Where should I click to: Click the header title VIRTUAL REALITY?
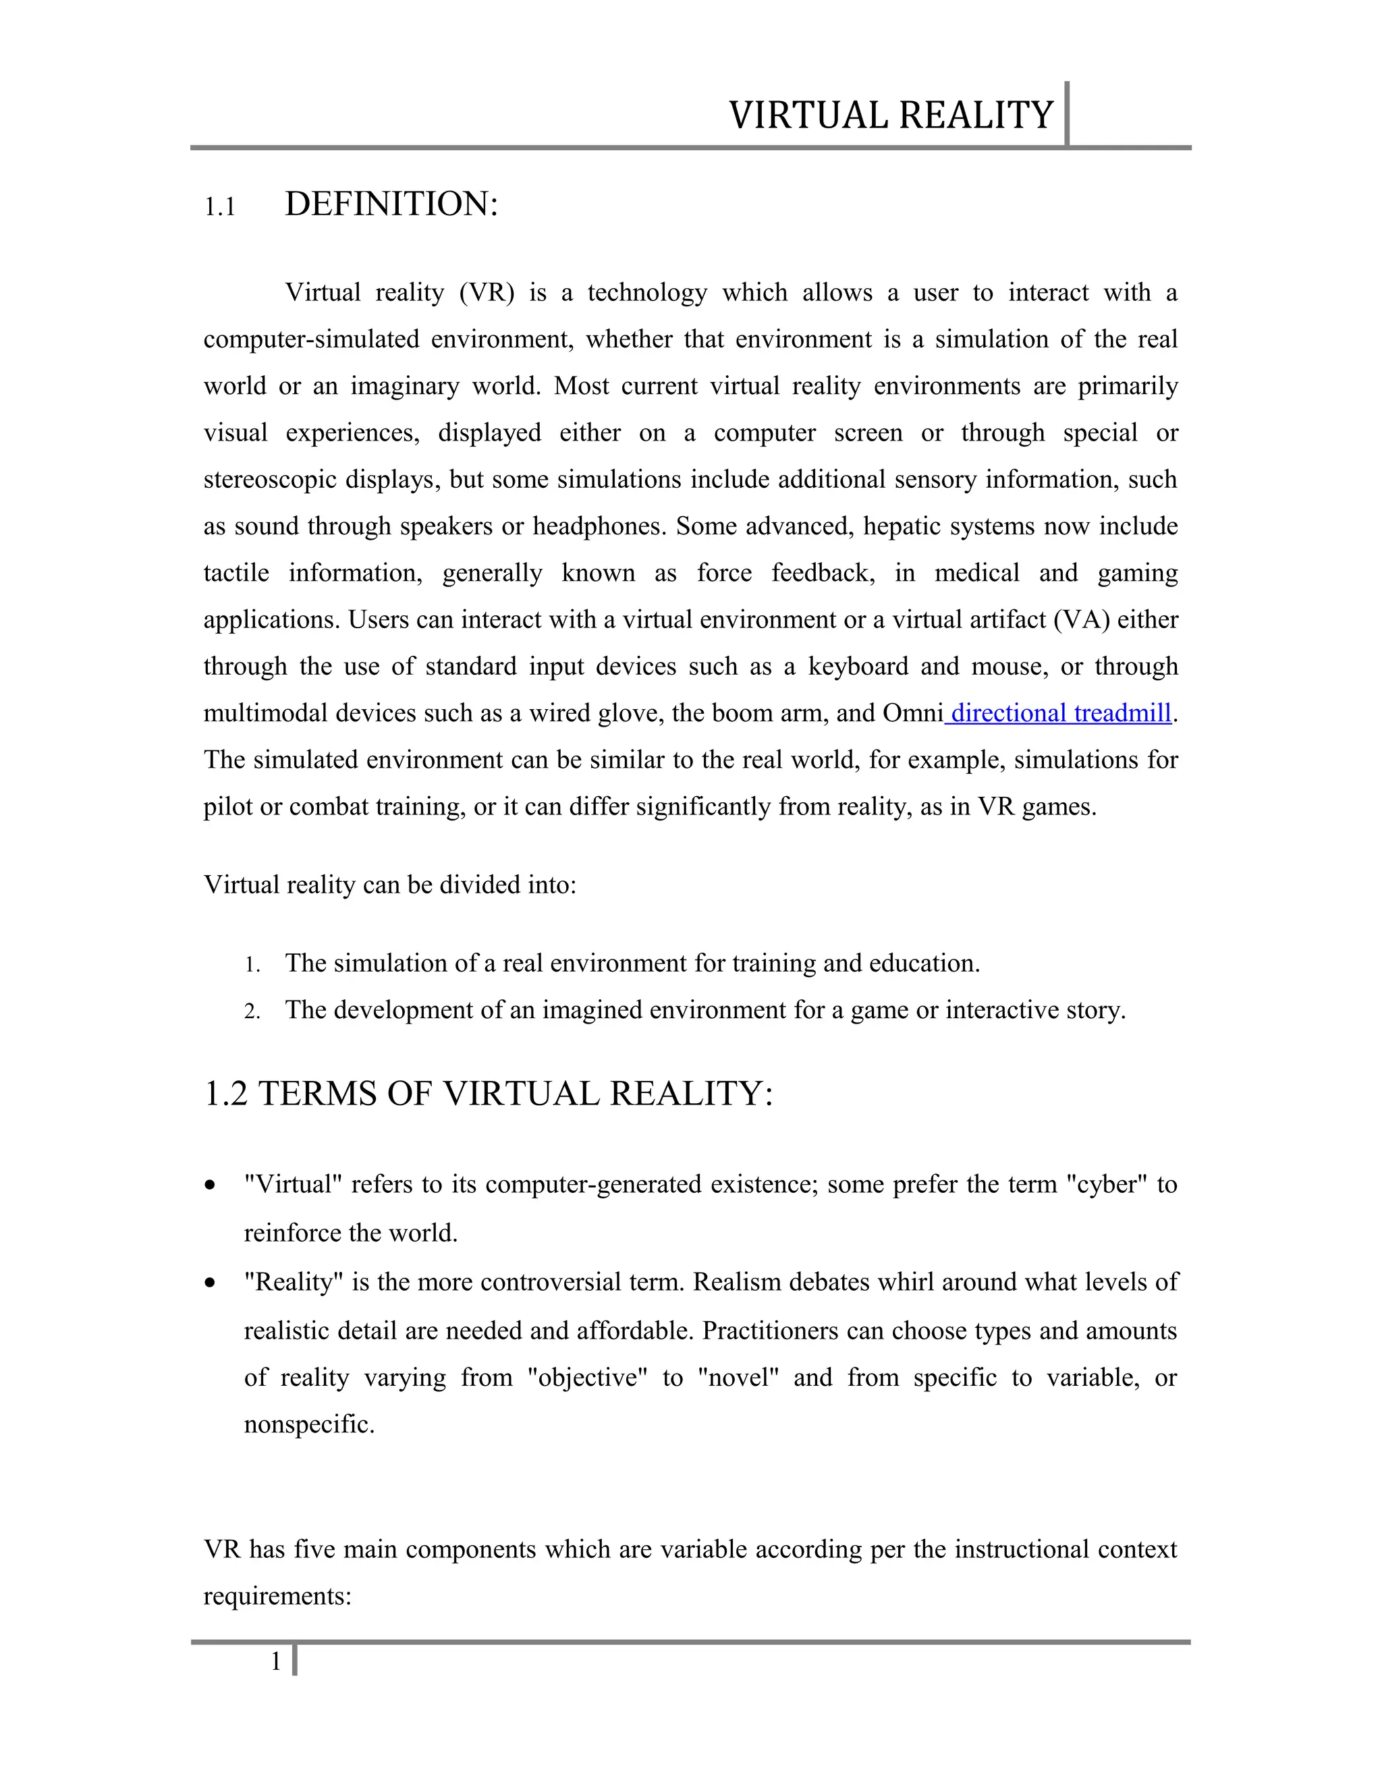tap(890, 115)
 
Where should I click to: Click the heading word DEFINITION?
tap(391, 204)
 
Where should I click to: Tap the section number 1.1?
tap(219, 207)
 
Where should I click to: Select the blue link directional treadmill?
tap(1060, 713)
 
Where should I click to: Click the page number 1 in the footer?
tap(276, 1661)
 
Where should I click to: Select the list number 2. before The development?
tap(252, 1012)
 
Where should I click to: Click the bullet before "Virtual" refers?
tap(211, 1185)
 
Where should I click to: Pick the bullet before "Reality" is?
tap(211, 1283)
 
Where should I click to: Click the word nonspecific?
tap(308, 1424)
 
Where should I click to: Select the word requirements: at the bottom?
tap(277, 1596)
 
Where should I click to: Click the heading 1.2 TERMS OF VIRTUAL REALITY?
tap(488, 1094)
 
